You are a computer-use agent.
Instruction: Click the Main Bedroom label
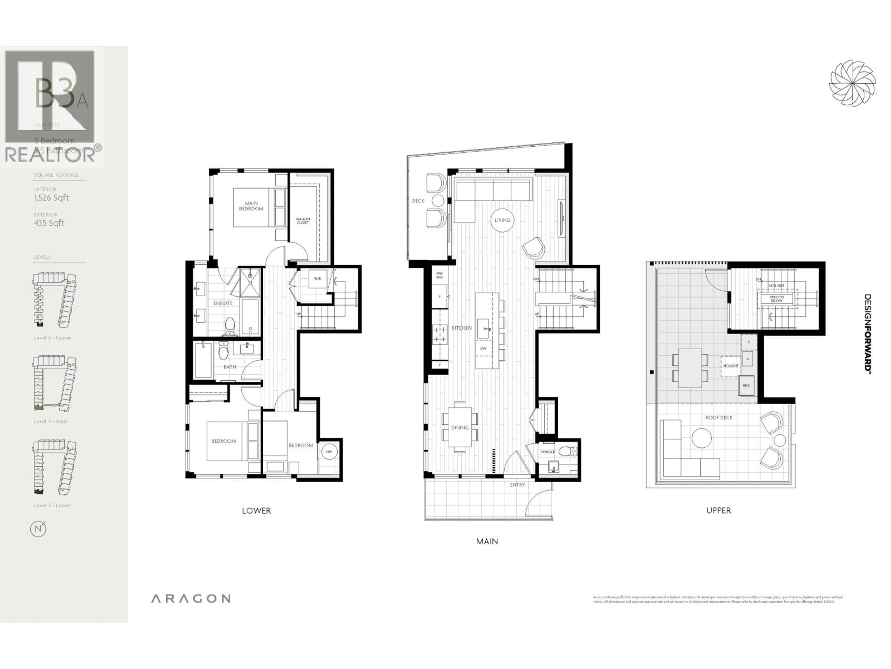coord(251,206)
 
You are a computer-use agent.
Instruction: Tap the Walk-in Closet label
coord(303,221)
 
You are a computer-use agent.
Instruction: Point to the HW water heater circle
coord(329,452)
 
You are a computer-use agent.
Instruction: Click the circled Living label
coord(502,220)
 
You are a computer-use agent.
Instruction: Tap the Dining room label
coord(460,427)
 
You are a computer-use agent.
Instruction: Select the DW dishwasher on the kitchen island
coord(483,348)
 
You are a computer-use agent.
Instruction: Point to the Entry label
coord(517,485)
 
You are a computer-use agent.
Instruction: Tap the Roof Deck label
coord(719,418)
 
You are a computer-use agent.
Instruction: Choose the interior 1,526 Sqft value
coord(52,198)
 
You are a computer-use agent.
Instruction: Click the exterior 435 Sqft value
coord(49,223)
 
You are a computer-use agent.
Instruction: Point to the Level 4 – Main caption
coord(50,421)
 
